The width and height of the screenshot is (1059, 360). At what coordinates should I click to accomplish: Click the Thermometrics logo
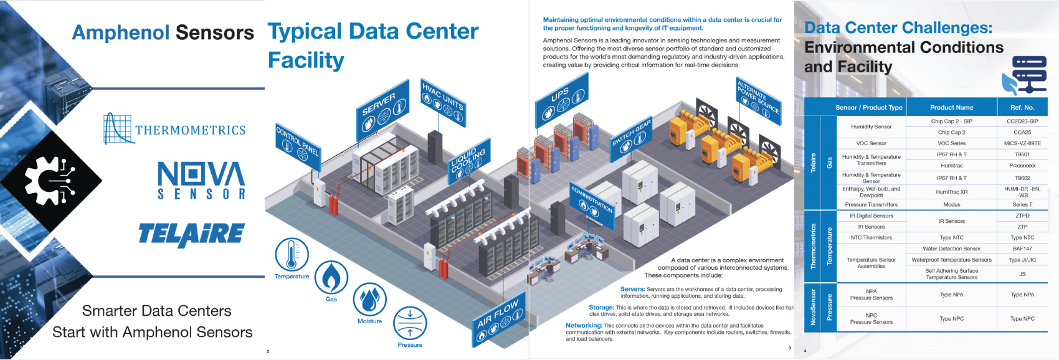pyautogui.click(x=175, y=129)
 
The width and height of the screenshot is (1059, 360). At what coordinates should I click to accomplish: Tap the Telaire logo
pyautogui.click(x=191, y=234)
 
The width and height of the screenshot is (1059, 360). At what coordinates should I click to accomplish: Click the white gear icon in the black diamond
pyautogui.click(x=50, y=181)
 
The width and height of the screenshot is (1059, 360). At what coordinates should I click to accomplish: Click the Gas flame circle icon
pyautogui.click(x=331, y=277)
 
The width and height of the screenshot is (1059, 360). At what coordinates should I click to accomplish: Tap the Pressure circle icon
pyautogui.click(x=410, y=323)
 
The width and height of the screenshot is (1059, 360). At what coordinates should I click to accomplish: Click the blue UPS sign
pyautogui.click(x=562, y=102)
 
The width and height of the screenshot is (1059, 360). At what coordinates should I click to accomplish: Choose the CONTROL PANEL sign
pyautogui.click(x=298, y=147)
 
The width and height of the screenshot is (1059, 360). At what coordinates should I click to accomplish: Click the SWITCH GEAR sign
pyautogui.click(x=632, y=139)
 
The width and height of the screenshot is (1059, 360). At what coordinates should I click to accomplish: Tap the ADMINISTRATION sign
pyautogui.click(x=592, y=202)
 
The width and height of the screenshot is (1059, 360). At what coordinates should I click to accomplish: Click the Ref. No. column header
pyautogui.click(x=1022, y=107)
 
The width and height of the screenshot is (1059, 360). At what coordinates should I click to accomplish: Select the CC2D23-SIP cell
pyautogui.click(x=1022, y=121)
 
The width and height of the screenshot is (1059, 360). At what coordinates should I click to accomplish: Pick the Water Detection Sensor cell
pyautogui.click(x=951, y=249)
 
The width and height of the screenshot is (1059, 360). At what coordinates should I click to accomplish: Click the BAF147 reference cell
pyautogui.click(x=1022, y=249)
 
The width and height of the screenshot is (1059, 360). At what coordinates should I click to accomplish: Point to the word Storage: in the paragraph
pyautogui.click(x=601, y=307)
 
